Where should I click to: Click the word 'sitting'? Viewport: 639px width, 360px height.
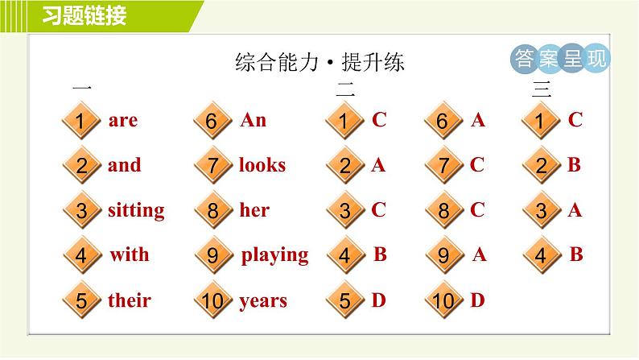tap(135, 211)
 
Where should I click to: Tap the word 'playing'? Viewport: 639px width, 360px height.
tap(274, 256)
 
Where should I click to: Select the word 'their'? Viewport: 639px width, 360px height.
tap(129, 301)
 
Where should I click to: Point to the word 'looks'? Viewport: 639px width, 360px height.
tap(262, 166)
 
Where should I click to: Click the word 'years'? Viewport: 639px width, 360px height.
tap(262, 301)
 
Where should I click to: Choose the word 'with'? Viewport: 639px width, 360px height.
tap(130, 255)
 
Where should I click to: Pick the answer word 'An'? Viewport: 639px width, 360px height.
tap(253, 121)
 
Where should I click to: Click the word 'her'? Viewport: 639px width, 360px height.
tap(254, 211)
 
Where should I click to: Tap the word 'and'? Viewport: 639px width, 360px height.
tap(124, 166)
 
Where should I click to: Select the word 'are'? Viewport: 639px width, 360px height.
tap(122, 121)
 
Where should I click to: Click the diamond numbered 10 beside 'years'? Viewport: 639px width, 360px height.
tap(212, 302)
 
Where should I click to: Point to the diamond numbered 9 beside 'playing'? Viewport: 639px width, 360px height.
tap(212, 256)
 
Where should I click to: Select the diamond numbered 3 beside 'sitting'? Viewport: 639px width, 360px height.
tap(81, 212)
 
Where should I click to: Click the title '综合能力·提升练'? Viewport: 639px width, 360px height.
tap(319, 63)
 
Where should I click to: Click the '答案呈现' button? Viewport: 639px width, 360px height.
tap(560, 59)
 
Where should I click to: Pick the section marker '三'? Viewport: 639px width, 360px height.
tap(541, 90)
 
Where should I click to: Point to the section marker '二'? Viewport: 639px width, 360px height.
tap(344, 90)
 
